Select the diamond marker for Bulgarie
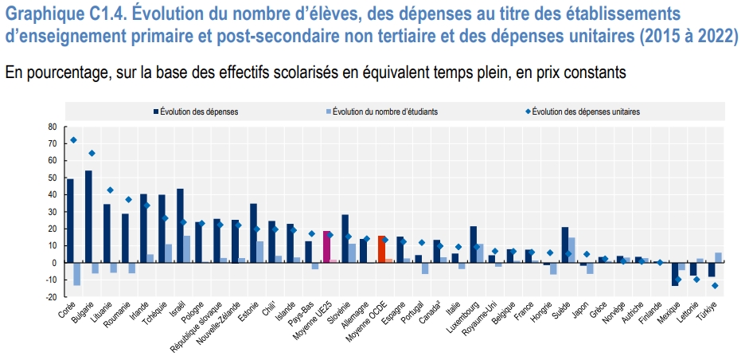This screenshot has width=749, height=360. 92,153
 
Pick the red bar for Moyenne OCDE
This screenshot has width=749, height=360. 381,249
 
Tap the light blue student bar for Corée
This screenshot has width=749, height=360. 77,274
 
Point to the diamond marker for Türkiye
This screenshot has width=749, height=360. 715,285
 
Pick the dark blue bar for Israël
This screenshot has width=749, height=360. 180,225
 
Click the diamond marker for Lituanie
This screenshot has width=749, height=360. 110,190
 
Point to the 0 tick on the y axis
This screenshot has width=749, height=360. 54,263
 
